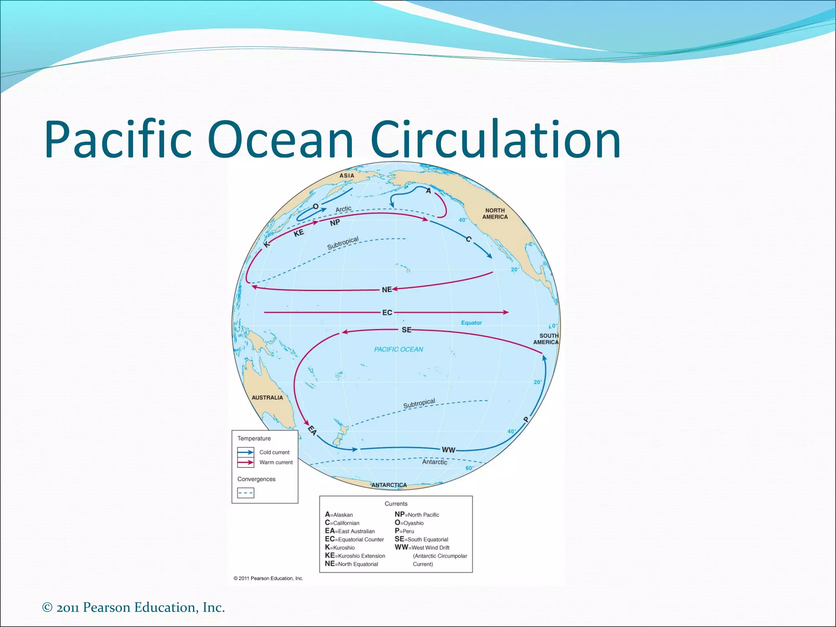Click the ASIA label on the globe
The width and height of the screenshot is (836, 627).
(347, 176)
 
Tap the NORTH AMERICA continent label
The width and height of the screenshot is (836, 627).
(495, 213)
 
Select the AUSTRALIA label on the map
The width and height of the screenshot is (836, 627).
(267, 398)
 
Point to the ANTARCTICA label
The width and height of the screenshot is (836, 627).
(389, 485)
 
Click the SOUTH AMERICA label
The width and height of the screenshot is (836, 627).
(546, 339)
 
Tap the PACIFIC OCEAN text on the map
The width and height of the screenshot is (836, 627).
(398, 349)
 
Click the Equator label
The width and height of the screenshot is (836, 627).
(471, 322)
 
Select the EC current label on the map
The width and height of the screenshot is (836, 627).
(387, 313)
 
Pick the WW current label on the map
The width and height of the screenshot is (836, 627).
(448, 450)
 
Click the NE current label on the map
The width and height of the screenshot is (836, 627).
(387, 290)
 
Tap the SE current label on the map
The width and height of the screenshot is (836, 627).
(406, 330)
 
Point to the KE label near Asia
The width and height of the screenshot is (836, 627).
(299, 233)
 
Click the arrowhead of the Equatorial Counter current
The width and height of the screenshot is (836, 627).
(506, 312)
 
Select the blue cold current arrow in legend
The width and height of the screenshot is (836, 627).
(246, 452)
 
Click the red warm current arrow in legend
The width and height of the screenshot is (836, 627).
(246, 462)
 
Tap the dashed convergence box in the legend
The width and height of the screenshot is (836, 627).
(245, 493)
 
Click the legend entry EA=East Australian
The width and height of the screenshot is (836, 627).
(350, 531)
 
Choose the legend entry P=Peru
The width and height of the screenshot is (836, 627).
(404, 531)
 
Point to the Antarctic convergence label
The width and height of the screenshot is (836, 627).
(434, 462)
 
